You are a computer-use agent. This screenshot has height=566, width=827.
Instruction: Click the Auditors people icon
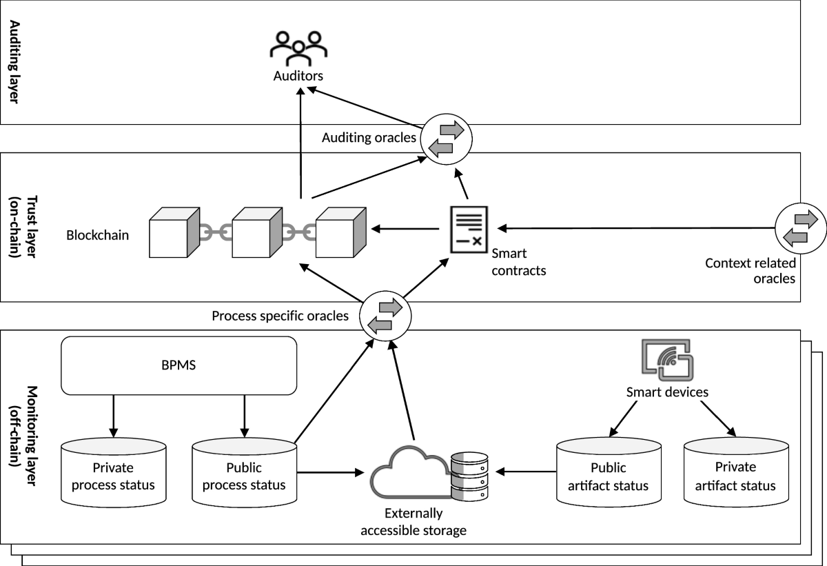point(298,46)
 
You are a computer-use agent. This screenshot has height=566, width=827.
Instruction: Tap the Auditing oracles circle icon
point(446,138)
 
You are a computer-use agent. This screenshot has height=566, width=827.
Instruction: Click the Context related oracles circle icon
point(800,228)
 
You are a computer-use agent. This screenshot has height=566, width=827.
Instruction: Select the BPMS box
point(178,365)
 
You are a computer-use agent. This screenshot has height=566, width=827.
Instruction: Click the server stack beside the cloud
point(469,476)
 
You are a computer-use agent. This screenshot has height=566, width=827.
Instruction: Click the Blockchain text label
point(97,235)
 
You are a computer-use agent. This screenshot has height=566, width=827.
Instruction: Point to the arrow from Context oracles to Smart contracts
point(634,228)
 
